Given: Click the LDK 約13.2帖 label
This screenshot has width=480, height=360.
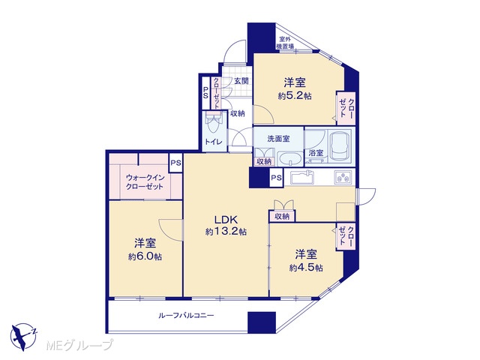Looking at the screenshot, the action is pos(226,225).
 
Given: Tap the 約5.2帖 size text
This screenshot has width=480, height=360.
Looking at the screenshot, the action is pos(295,96).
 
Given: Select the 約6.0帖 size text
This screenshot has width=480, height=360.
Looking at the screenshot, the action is pos(145,256).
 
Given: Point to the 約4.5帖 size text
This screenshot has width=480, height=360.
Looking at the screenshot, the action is pos(306,268).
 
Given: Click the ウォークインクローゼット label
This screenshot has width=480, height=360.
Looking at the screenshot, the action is pos(145,182).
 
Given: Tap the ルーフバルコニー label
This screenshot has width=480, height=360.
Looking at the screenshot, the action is pos(186,315).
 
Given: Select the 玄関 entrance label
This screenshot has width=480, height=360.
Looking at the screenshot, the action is pos(241,81).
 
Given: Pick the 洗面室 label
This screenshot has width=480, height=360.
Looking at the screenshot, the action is pos(278,139).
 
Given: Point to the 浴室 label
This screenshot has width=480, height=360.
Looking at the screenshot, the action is pos(316,153).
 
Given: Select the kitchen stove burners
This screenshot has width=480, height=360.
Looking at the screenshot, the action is pos(344,177).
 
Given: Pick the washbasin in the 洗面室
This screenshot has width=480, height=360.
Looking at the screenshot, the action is pos(289,158).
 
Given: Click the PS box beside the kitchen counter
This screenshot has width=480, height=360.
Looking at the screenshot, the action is pos(276,178).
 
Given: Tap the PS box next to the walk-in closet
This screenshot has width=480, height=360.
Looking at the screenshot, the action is pos(175,163).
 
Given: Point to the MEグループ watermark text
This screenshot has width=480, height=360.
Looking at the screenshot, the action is pos(79,345).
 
